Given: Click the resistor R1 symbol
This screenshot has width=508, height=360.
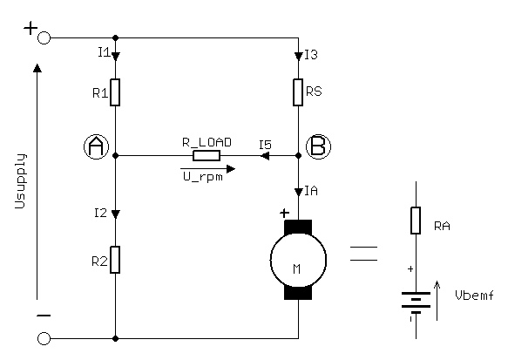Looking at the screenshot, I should (x=116, y=91).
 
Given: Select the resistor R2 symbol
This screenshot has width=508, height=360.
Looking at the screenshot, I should (x=116, y=259).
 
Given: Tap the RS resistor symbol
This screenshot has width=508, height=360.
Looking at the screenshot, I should (x=298, y=91).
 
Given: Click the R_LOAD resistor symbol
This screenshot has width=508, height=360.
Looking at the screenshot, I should (x=207, y=156).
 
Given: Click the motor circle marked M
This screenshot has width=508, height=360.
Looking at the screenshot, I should (x=298, y=259).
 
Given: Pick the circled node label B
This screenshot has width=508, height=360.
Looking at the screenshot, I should (x=319, y=147).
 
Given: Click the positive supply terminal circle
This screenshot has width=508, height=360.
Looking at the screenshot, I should (x=44, y=38).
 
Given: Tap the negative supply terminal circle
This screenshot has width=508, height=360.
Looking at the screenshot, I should (x=44, y=337).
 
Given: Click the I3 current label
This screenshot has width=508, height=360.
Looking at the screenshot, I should (x=311, y=55).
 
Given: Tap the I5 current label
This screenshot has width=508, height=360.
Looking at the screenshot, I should (x=266, y=144).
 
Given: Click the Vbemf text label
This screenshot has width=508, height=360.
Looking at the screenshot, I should (x=474, y=295).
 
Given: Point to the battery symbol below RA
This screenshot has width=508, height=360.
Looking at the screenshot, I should (x=416, y=301).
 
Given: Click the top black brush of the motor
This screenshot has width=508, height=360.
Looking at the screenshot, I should (x=298, y=228).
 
